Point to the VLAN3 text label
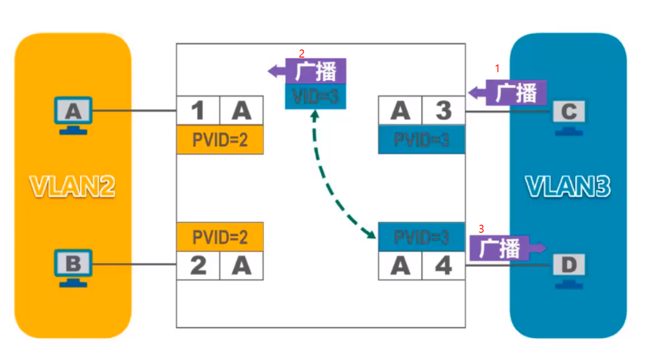(x=568, y=186)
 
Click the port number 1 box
(x=198, y=111)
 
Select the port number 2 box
(x=198, y=266)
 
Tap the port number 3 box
(x=443, y=111)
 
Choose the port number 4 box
(x=443, y=266)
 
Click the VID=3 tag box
(x=316, y=96)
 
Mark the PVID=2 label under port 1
(x=220, y=140)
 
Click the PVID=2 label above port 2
(x=220, y=236)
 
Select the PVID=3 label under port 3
(x=421, y=140)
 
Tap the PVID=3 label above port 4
(x=421, y=236)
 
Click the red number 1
(x=497, y=68)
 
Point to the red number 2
(x=302, y=53)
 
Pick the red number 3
(x=481, y=228)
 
